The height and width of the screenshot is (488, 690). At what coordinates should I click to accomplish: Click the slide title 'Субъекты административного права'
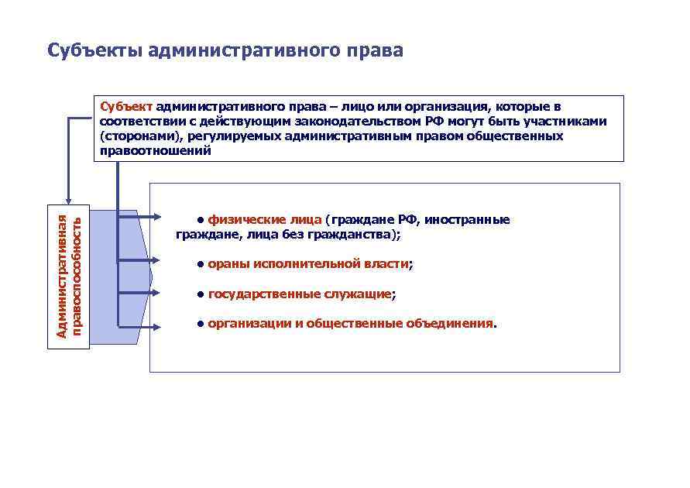pos(225,51)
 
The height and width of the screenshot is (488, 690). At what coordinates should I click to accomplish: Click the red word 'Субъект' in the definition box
pos(127,106)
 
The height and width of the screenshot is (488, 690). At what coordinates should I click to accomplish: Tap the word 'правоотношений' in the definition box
pos(155,151)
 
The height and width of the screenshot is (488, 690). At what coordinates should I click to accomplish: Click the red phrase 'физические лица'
pos(264,220)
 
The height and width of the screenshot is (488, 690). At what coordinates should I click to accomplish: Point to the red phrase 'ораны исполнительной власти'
pos(307,265)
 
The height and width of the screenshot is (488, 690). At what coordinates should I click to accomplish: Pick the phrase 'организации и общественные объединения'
pos(350,324)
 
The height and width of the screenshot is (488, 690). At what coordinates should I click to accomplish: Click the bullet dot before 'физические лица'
pos(200,219)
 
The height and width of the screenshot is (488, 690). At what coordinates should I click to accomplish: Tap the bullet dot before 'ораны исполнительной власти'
pos(200,265)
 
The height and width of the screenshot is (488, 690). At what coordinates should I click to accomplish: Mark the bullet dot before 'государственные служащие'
pos(200,294)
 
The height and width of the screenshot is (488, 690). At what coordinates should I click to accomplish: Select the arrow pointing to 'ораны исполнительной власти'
pos(139,263)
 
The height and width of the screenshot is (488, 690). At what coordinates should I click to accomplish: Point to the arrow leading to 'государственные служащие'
pos(139,293)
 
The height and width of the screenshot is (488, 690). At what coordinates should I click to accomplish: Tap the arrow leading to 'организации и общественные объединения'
pos(139,326)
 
